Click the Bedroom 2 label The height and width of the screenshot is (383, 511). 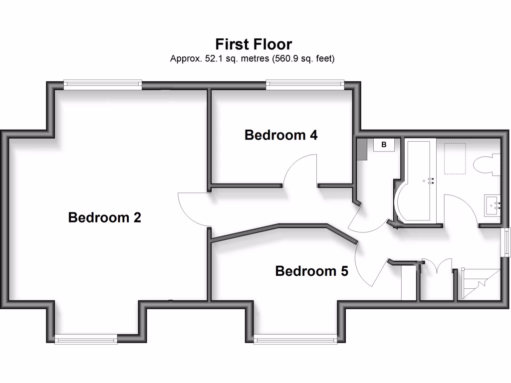(105, 218)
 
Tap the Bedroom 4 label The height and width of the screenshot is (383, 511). (281, 135)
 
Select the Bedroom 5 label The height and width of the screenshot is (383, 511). (311, 271)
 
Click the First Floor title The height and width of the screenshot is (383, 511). (254, 44)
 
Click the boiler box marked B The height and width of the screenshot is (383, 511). (384, 145)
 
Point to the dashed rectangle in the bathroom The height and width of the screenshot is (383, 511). (455, 159)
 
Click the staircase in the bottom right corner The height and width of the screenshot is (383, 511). (479, 284)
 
